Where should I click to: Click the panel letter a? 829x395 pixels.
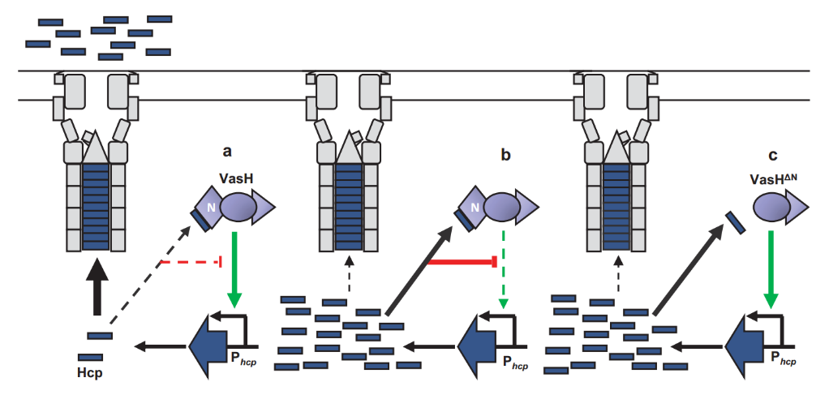coord(229,151)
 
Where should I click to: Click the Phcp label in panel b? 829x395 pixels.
coord(515,362)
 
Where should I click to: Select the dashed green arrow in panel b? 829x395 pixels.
coord(503,268)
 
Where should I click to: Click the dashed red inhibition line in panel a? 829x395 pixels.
coord(191,262)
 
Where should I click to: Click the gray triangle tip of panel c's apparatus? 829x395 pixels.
coord(618,148)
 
